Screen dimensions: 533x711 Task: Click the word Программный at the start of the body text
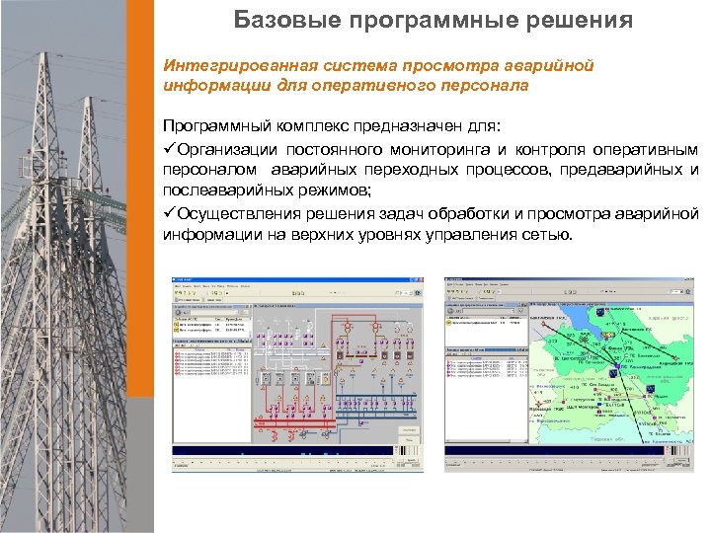click(x=212, y=127)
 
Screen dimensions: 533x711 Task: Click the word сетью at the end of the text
click(x=548, y=235)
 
